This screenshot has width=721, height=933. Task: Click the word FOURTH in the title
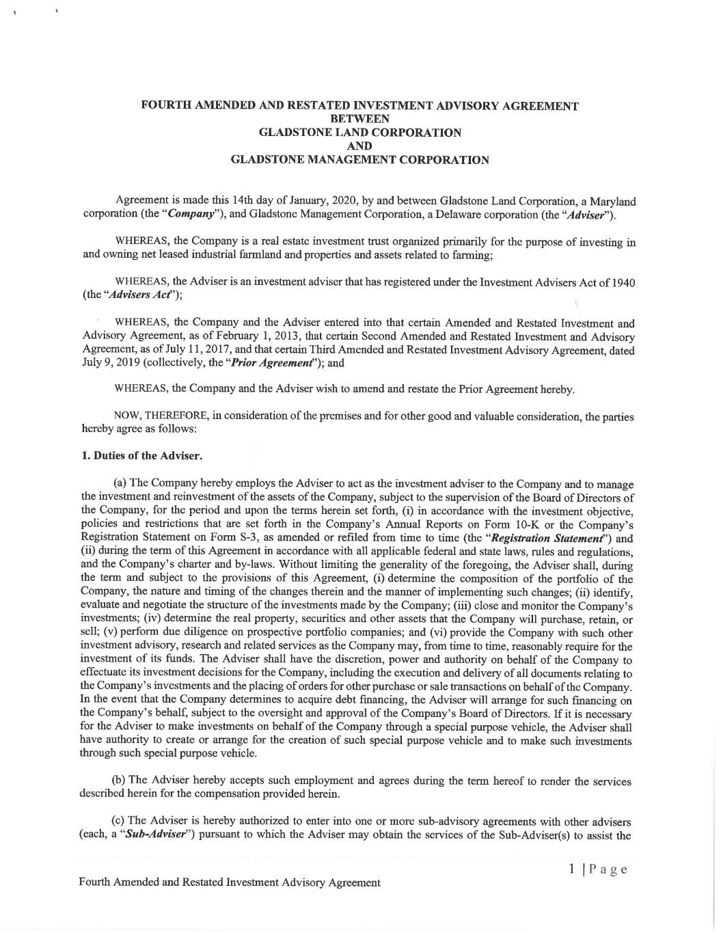pyautogui.click(x=164, y=106)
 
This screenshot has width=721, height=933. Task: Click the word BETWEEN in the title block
pyautogui.click(x=359, y=119)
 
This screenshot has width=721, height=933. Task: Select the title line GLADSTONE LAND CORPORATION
pyautogui.click(x=359, y=133)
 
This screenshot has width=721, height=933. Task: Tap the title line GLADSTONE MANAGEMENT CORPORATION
pyautogui.click(x=359, y=160)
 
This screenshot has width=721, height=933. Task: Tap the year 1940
pyautogui.click(x=621, y=282)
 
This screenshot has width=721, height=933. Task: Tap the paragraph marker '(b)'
pyautogui.click(x=119, y=781)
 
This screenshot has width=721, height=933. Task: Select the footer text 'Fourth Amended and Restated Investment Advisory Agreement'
pyautogui.click(x=230, y=882)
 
